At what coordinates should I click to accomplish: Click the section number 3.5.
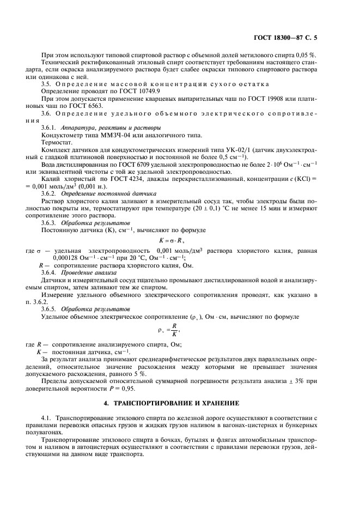(x=47, y=84)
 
